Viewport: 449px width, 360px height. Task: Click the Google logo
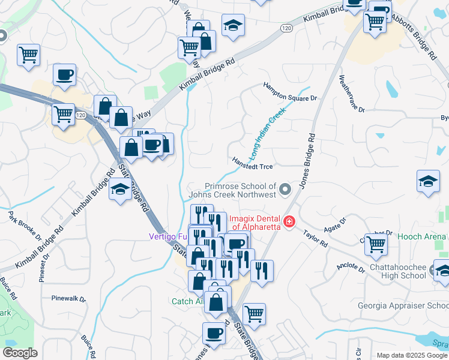pyautogui.click(x=20, y=353)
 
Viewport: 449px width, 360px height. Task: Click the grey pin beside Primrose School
pyautogui.click(x=286, y=190)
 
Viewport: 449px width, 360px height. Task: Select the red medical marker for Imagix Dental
pyautogui.click(x=289, y=222)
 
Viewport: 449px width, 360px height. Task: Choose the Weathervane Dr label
pyautogui.click(x=352, y=94)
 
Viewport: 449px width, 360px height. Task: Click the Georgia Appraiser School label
pyautogui.click(x=403, y=305)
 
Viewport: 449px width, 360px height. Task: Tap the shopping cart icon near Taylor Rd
pyautogui.click(x=376, y=244)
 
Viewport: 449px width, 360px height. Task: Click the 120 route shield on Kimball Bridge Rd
pyautogui.click(x=286, y=28)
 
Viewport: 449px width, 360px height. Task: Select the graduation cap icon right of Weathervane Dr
pyautogui.click(x=428, y=181)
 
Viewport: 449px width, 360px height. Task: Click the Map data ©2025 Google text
pyautogui.click(x=412, y=355)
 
